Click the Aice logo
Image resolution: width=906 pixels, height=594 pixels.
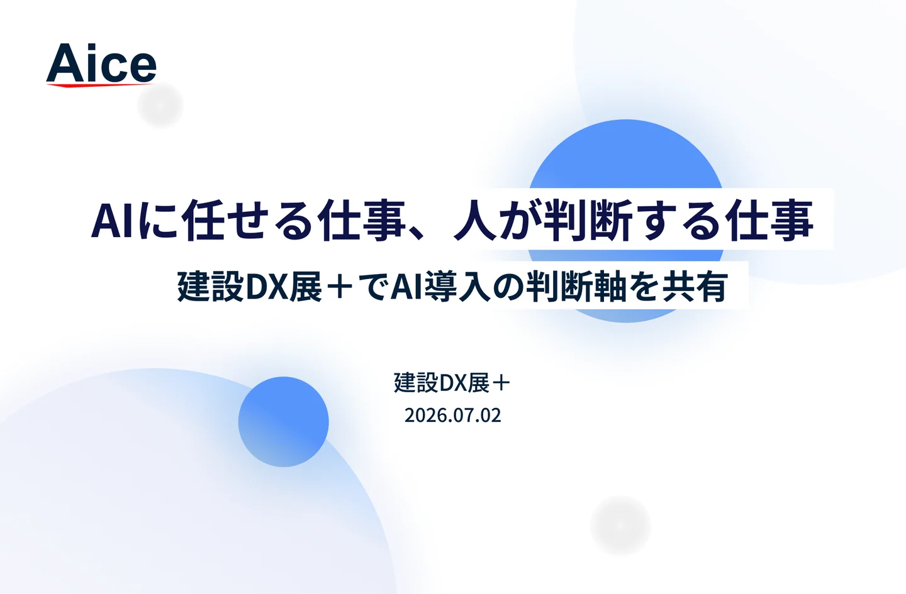point(101,65)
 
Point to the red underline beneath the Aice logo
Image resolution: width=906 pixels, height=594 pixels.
point(100,85)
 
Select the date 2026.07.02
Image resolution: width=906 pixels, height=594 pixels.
point(452,415)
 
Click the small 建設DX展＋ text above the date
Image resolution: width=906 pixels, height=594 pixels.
point(452,382)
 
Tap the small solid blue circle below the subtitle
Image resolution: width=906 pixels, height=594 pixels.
point(283,421)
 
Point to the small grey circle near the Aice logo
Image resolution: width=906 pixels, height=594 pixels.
point(160,106)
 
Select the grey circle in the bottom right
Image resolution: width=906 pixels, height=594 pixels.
point(620,525)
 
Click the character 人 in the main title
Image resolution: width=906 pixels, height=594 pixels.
point(475,221)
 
